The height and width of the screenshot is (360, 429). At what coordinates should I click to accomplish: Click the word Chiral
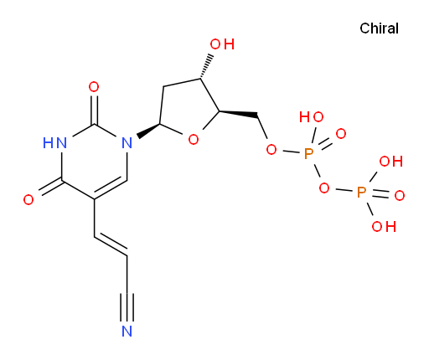[x=379, y=28]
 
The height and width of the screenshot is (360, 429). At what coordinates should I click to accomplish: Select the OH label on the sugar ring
[x=222, y=44]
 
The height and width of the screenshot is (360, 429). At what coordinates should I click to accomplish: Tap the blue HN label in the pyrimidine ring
[x=55, y=143]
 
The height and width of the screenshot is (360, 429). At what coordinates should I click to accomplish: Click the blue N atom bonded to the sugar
[x=127, y=143]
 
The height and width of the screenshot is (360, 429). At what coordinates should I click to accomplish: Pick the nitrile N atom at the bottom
[x=127, y=331]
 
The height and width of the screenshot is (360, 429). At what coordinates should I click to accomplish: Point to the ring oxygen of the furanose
[x=194, y=139]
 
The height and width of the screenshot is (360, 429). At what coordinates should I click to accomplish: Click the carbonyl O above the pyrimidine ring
[x=94, y=87]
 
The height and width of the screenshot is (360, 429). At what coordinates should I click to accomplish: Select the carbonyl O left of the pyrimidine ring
[x=28, y=200]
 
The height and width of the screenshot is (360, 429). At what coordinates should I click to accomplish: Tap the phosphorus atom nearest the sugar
[x=308, y=154]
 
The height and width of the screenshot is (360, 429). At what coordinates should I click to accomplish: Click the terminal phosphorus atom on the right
[x=361, y=193]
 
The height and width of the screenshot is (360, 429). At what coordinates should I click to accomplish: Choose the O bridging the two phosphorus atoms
[x=324, y=188]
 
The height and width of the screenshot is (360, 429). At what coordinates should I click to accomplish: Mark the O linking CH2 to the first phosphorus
[x=271, y=150]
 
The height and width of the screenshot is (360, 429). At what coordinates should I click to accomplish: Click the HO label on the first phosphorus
[x=312, y=117]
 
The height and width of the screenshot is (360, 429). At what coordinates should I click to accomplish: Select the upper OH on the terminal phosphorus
[x=390, y=162]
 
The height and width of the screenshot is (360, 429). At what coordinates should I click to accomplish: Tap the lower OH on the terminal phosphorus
[x=384, y=226]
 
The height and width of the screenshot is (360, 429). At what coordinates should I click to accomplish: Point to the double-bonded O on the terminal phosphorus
[x=400, y=195]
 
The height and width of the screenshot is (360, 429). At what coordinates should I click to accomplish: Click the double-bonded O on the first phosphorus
[x=341, y=134]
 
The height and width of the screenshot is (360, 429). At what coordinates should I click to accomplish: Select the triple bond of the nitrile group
[x=127, y=307]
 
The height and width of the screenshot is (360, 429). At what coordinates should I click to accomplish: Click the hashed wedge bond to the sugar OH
[x=207, y=67]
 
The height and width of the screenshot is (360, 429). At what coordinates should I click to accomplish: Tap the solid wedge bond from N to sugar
[x=148, y=131]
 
